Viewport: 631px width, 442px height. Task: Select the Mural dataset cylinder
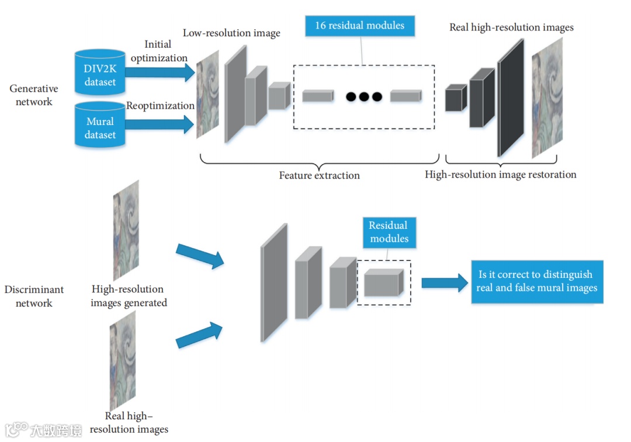[100, 125]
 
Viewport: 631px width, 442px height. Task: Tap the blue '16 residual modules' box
[359, 26]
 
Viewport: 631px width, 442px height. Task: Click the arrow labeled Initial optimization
[159, 72]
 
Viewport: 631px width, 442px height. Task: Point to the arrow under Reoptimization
[159, 124]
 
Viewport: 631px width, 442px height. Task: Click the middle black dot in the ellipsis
[363, 96]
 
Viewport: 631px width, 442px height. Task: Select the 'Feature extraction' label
[319, 175]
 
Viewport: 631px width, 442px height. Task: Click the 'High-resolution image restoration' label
[500, 175]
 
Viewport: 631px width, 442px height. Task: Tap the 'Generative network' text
[33, 95]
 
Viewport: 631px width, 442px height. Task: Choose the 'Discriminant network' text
[34, 296]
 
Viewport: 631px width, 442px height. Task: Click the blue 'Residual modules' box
[388, 232]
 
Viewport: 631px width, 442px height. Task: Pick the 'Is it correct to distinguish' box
[536, 281]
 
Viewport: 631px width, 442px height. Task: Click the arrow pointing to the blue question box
[445, 283]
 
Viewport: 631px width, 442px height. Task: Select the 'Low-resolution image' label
[231, 33]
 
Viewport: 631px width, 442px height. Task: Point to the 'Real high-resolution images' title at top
[511, 27]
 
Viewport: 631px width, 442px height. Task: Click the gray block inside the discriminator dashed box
[384, 283]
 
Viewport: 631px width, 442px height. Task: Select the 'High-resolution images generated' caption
[129, 296]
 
